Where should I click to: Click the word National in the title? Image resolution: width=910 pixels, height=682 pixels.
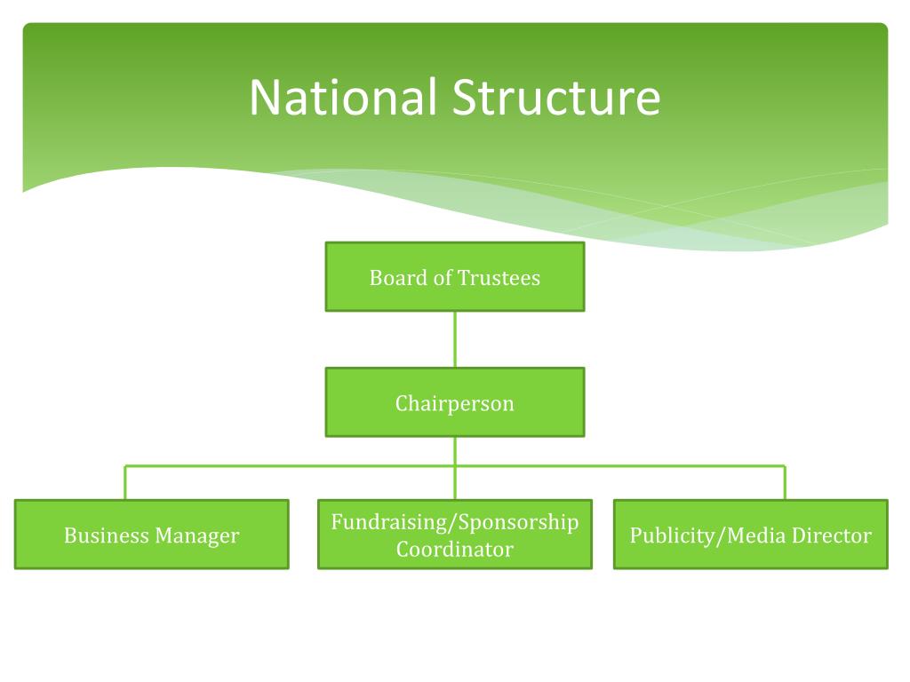(x=342, y=98)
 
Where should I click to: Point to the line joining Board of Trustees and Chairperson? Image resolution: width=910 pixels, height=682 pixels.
(x=455, y=339)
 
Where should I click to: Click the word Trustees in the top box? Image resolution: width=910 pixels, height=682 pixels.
(x=499, y=278)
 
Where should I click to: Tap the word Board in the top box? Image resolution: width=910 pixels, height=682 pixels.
(x=394, y=278)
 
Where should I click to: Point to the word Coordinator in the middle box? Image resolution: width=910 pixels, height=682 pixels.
(x=455, y=550)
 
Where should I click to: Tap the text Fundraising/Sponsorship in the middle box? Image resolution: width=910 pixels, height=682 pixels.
(x=455, y=522)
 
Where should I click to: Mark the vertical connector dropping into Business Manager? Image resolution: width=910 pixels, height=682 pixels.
(x=125, y=483)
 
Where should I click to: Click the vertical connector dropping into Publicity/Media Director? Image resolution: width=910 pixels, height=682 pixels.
(x=785, y=483)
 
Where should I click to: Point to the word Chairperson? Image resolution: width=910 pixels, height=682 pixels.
(x=455, y=404)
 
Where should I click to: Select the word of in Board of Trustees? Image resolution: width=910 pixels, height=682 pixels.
(x=443, y=278)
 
